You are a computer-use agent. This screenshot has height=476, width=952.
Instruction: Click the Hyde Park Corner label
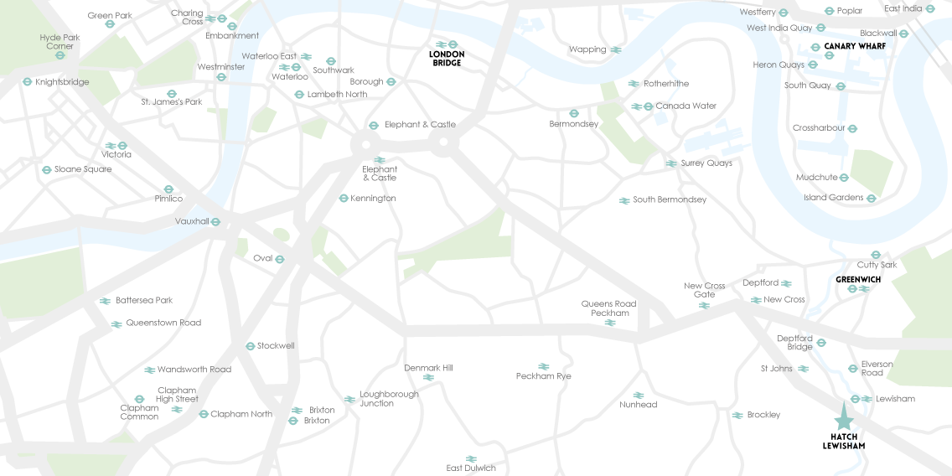[60, 42]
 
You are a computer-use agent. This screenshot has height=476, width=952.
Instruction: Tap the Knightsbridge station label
[60, 82]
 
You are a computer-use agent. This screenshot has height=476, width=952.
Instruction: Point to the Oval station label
[263, 258]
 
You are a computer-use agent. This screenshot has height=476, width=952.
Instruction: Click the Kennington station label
[374, 199]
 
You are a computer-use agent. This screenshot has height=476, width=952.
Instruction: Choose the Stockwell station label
[276, 345]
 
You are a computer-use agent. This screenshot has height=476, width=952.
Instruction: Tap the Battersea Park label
[144, 300]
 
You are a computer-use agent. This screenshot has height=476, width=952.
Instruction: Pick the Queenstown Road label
[163, 323]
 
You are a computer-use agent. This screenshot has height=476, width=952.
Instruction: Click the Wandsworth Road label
[194, 369]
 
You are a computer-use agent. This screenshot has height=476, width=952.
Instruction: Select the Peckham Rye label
[542, 376]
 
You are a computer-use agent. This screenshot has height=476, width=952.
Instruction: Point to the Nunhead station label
[638, 405]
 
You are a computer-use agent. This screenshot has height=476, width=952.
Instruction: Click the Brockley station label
[763, 415]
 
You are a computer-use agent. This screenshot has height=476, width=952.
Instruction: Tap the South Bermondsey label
[669, 200]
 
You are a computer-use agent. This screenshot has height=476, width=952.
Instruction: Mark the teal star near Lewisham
[843, 419]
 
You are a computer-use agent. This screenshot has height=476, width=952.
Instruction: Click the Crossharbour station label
[819, 128]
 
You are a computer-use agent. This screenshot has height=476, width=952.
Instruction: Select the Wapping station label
[587, 50]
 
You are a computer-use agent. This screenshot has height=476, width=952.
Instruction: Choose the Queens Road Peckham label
[609, 308]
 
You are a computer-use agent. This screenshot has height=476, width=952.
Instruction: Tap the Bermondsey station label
[574, 124]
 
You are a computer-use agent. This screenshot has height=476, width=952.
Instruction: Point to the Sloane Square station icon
[46, 169]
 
